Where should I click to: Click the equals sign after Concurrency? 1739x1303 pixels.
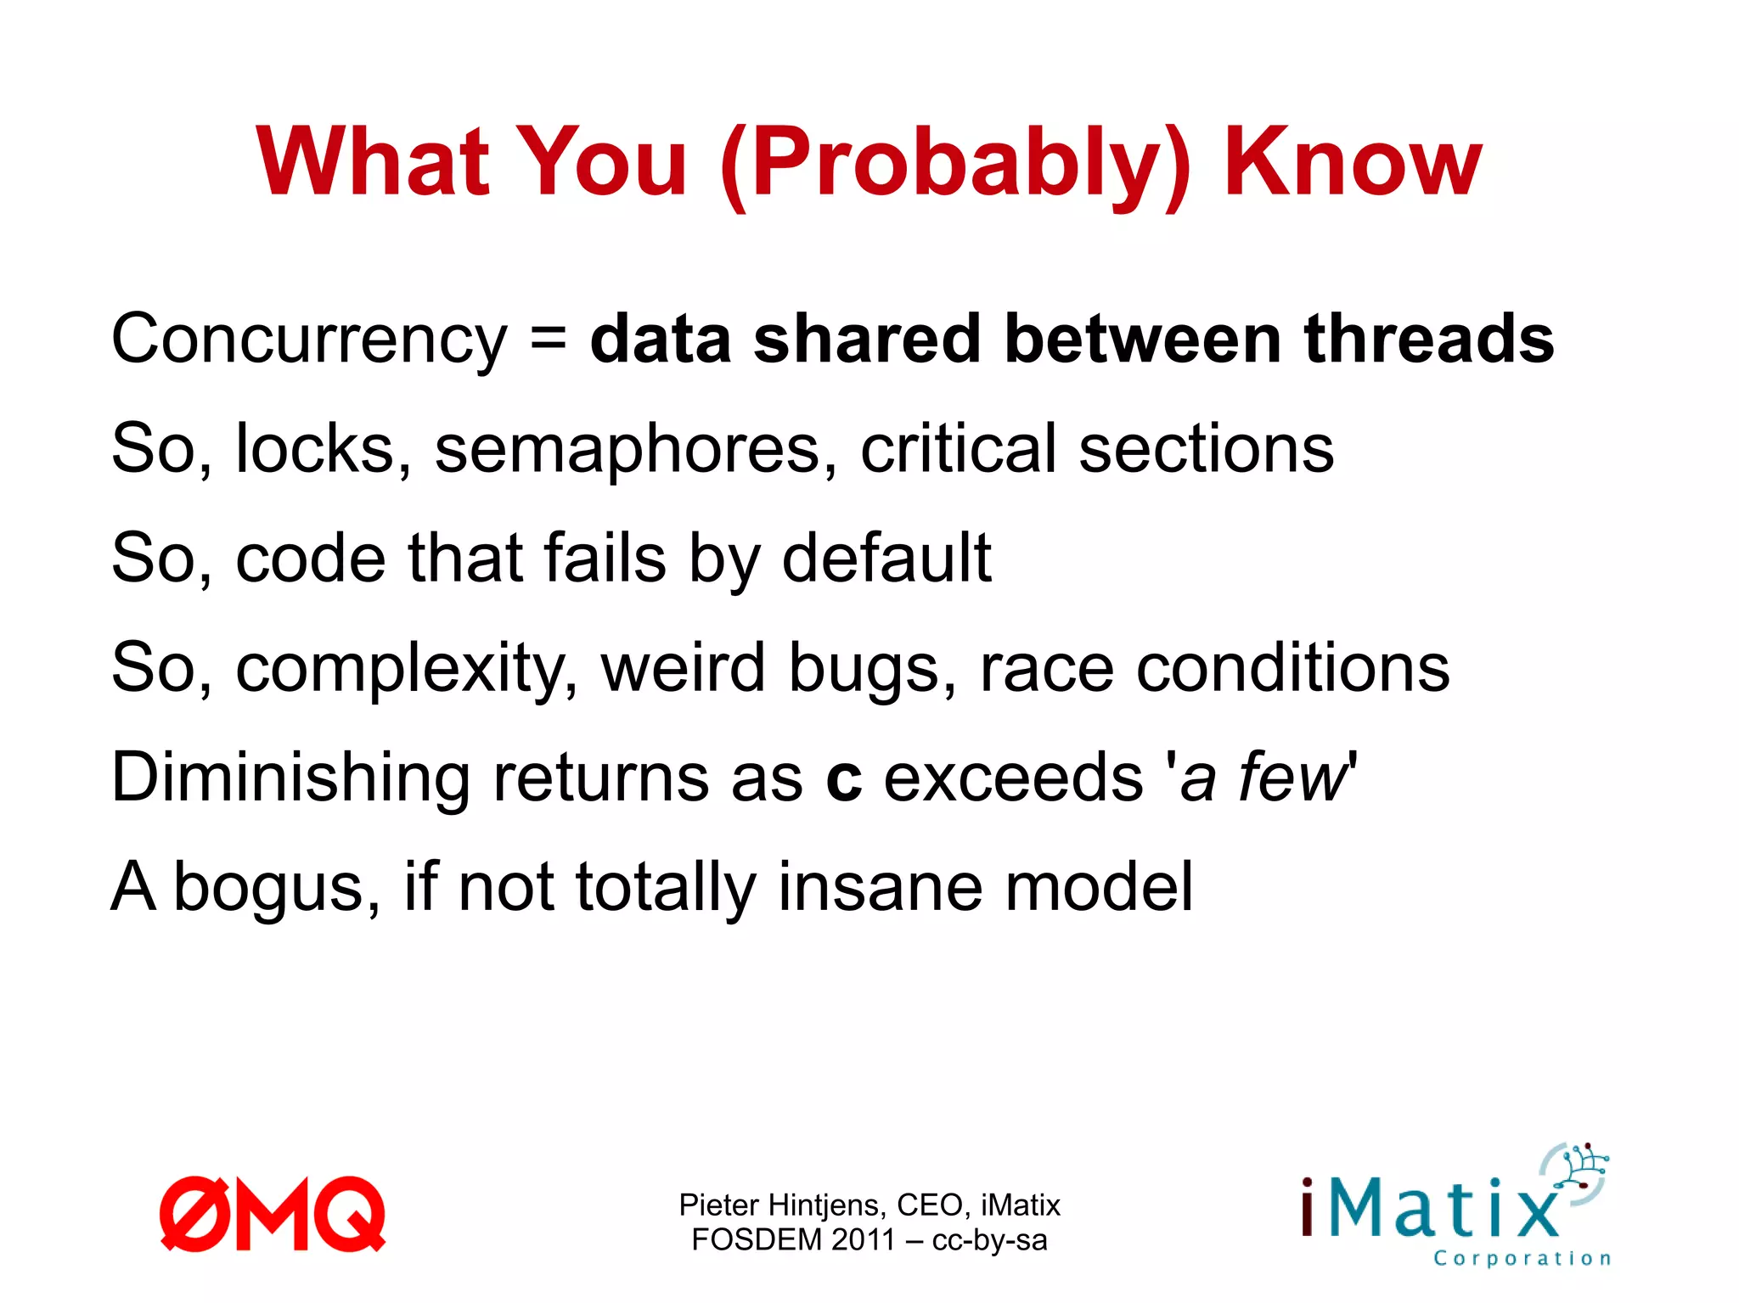pos(549,338)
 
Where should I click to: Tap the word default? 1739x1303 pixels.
pos(886,558)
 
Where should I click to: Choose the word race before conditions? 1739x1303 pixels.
pos(1046,669)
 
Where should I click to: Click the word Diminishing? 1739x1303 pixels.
pos(290,778)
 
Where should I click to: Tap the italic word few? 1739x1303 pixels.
pos(1293,778)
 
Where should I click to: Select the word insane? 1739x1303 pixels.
pos(880,887)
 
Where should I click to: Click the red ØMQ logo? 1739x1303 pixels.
pos(273,1214)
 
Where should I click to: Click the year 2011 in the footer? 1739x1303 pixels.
pos(864,1240)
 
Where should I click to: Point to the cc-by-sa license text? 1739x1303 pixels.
pos(989,1240)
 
